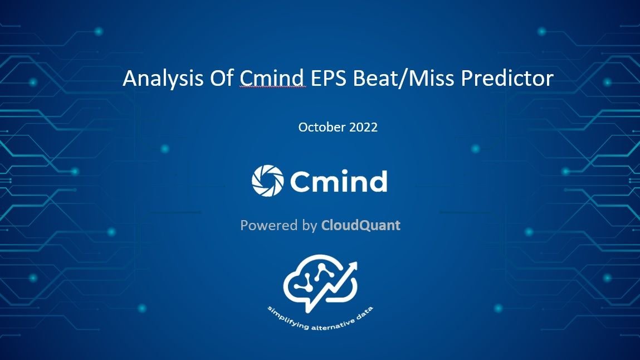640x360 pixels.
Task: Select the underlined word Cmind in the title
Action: click(272, 79)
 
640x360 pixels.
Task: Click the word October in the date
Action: click(321, 127)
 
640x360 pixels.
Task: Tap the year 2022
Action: click(363, 127)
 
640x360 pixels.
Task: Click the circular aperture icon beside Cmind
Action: click(267, 180)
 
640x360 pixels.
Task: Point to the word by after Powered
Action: click(308, 226)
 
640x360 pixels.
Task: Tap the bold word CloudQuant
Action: click(360, 226)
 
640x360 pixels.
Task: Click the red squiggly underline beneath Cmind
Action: click(272, 88)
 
